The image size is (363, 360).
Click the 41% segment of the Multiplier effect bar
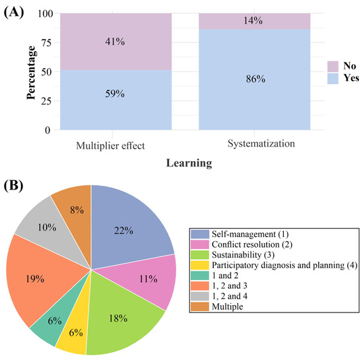click(x=115, y=42)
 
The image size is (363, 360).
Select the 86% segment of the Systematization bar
click(x=254, y=79)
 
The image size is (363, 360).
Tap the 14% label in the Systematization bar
click(x=253, y=21)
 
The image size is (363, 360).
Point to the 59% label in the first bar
click(x=115, y=94)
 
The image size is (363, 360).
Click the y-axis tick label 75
click(x=46, y=43)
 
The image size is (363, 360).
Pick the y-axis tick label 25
click(x=46, y=101)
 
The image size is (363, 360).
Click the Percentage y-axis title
click(x=31, y=73)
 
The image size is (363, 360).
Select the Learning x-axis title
click(x=189, y=163)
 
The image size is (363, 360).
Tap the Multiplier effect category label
click(x=110, y=146)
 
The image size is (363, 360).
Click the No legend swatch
click(x=333, y=67)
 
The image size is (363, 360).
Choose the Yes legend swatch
click(x=333, y=79)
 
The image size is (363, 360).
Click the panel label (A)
click(x=14, y=13)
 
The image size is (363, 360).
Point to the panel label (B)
click(x=13, y=186)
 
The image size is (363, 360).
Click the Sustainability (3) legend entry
click(x=232, y=255)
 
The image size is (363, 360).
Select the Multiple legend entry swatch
click(x=200, y=306)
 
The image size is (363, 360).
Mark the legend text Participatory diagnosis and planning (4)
click(x=284, y=266)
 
